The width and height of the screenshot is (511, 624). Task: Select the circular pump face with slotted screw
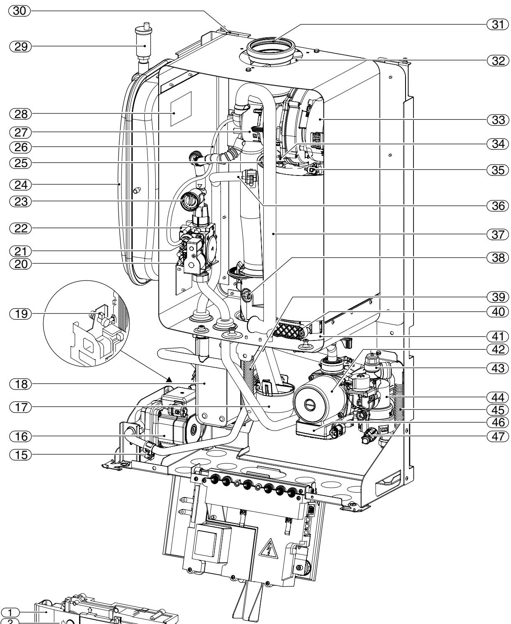[316, 404]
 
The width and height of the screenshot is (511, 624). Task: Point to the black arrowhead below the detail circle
[169, 379]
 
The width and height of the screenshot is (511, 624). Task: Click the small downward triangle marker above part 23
[199, 185]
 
